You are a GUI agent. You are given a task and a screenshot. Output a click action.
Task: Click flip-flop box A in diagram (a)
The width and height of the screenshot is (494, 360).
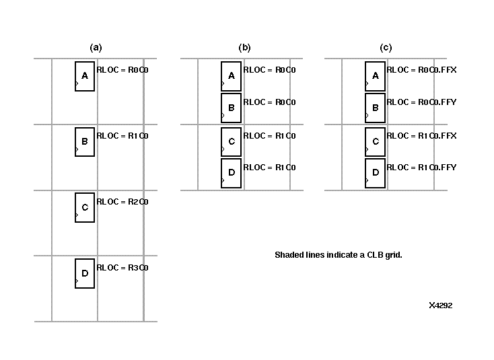click(84, 76)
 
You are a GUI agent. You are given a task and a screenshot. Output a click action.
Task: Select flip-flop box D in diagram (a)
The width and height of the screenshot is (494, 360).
click(84, 273)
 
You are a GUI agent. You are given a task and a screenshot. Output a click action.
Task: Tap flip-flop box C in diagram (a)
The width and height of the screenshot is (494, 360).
click(84, 207)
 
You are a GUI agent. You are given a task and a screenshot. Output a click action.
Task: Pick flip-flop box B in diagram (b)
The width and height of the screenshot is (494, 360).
click(231, 107)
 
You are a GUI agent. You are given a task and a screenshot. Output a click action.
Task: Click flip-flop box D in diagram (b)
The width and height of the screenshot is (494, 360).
click(231, 173)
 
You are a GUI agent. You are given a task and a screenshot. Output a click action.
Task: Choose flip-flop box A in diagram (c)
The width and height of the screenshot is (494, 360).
click(375, 76)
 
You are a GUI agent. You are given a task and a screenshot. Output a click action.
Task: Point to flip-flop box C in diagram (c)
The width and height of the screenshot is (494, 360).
click(375, 141)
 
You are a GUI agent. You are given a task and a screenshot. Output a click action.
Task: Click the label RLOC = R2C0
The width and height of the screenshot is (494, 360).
click(122, 202)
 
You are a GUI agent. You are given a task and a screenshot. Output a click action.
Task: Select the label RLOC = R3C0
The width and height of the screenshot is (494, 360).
click(122, 268)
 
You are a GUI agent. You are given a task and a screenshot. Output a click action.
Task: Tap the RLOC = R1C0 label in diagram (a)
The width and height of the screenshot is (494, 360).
click(122, 136)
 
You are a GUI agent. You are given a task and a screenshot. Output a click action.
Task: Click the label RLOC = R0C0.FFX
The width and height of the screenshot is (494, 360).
click(421, 70)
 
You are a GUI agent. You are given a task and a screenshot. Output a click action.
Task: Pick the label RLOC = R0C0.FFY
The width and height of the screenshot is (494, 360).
click(421, 102)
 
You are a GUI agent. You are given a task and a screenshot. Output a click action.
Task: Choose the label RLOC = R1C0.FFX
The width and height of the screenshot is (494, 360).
click(421, 136)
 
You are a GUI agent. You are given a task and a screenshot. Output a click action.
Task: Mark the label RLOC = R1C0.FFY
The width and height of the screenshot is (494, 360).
click(421, 168)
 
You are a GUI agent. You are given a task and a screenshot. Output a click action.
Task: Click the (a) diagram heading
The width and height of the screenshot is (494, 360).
click(96, 48)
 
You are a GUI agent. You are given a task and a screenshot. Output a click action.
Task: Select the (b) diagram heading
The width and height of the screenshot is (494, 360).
click(244, 48)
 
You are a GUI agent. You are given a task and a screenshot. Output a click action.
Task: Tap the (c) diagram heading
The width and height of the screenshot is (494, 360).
click(386, 48)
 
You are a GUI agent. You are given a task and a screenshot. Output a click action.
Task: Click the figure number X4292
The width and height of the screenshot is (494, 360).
click(440, 305)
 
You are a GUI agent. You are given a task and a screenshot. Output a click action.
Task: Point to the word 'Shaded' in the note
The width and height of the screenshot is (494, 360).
click(289, 255)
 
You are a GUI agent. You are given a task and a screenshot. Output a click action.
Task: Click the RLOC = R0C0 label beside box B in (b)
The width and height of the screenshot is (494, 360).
click(269, 102)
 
